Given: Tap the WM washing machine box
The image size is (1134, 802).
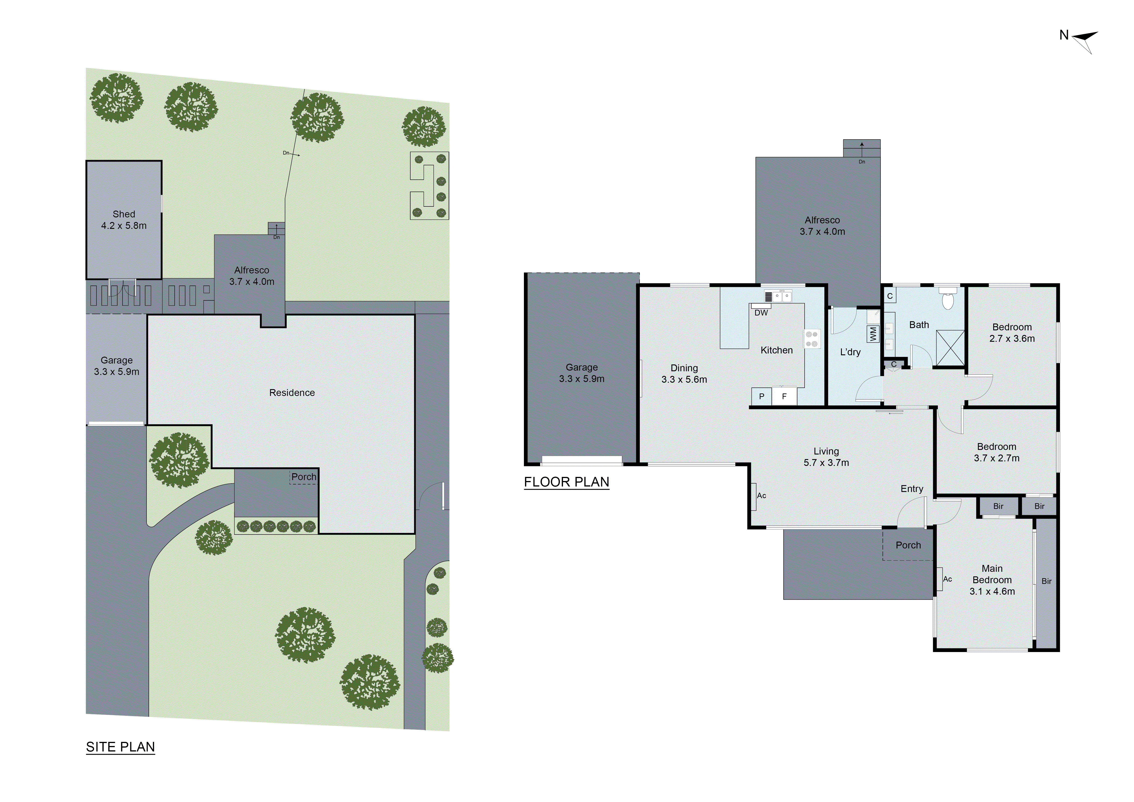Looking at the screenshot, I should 873,334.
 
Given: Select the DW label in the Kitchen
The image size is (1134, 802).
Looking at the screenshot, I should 761,313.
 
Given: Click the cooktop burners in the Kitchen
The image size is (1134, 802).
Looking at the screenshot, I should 811,339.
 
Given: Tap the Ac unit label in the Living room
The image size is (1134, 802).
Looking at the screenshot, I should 761,495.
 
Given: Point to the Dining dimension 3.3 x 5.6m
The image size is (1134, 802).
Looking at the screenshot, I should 684,380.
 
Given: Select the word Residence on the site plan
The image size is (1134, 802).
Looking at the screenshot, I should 292,393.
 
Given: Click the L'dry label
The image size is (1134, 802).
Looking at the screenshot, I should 850,352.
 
